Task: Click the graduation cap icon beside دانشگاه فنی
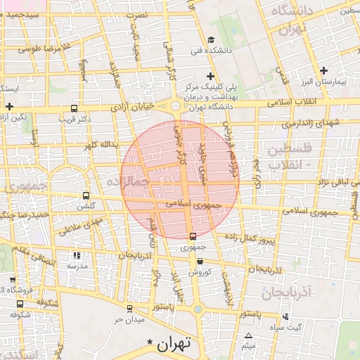coord(211,39)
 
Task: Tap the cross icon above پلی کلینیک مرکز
coord(210,76)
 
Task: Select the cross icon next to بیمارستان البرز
coord(323,70)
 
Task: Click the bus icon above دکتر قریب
coord(75,108)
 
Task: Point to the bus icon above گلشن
coord(86,195)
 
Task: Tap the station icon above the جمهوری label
coord(193,236)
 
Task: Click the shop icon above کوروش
coord(200,261)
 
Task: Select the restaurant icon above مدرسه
coord(77,256)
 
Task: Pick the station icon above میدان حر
coord(129,309)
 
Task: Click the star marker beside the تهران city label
coord(149,342)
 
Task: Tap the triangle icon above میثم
coord(248,335)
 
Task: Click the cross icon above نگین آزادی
coord(10,106)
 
